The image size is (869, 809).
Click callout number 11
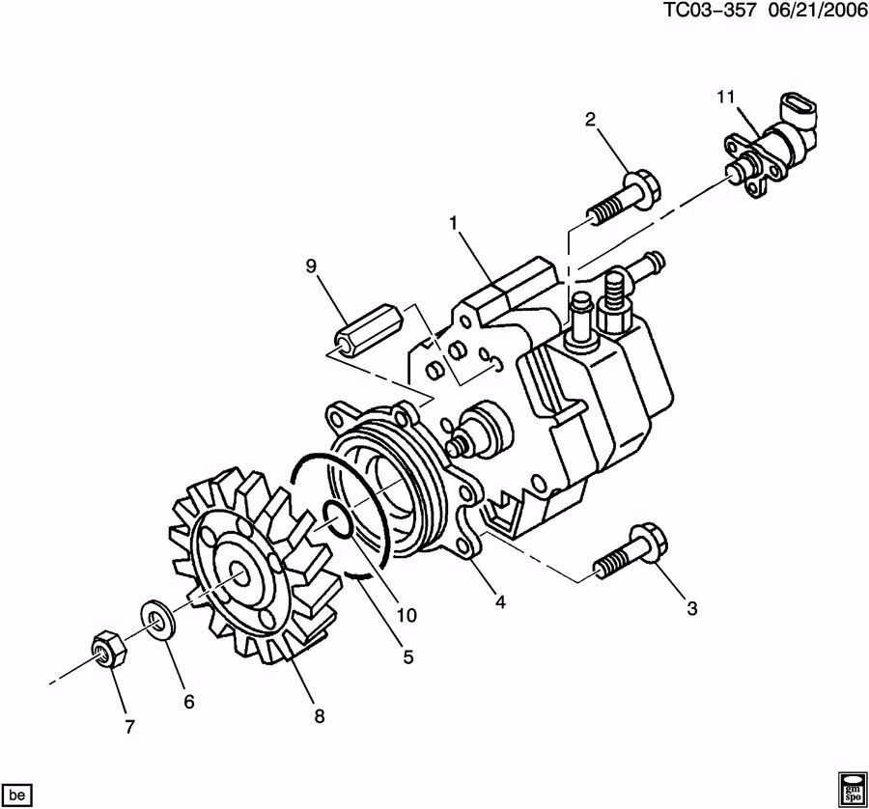coord(726,97)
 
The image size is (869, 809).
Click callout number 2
coord(591,119)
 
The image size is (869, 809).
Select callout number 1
coord(452,223)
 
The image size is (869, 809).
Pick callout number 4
coord(500,601)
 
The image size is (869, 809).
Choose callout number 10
coord(406,615)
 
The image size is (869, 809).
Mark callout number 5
coord(407,657)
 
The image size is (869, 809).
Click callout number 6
coord(188,702)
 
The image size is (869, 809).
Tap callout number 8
coord(319,715)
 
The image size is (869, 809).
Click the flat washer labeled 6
coord(154,620)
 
